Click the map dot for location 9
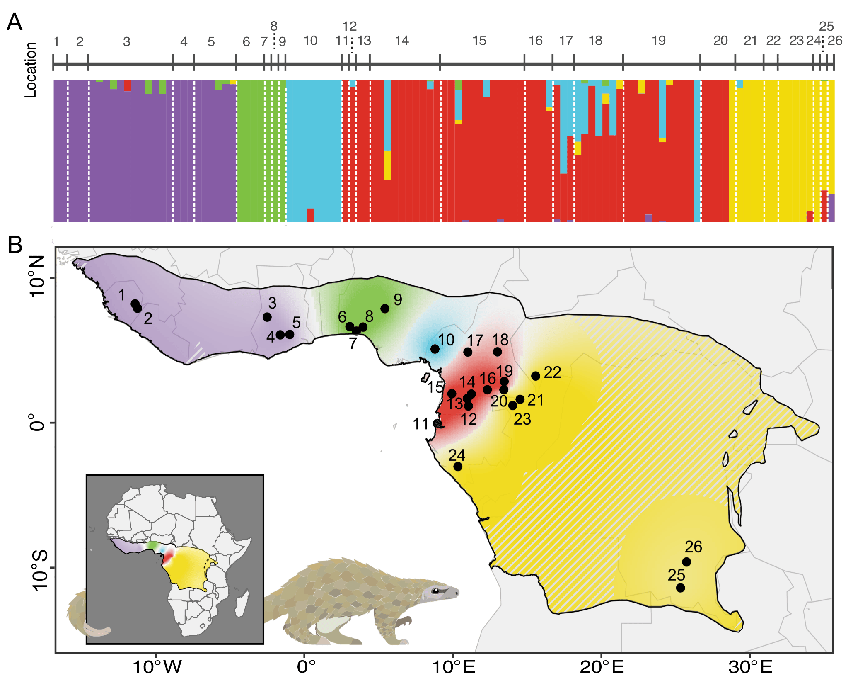pos(385,309)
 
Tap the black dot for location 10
pos(435,349)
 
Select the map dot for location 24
pos(458,467)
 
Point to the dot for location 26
pos(686,562)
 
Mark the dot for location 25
pos(680,588)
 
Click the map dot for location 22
pos(536,376)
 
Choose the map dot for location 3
pos(267,317)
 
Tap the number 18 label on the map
pos(500,340)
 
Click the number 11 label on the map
pos(420,424)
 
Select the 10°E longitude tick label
pos(454,667)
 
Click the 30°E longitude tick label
pos(751,667)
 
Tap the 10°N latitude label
pos(37,276)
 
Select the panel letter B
pos(15,245)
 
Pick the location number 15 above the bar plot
pos(479,41)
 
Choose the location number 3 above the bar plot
pos(127,41)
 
